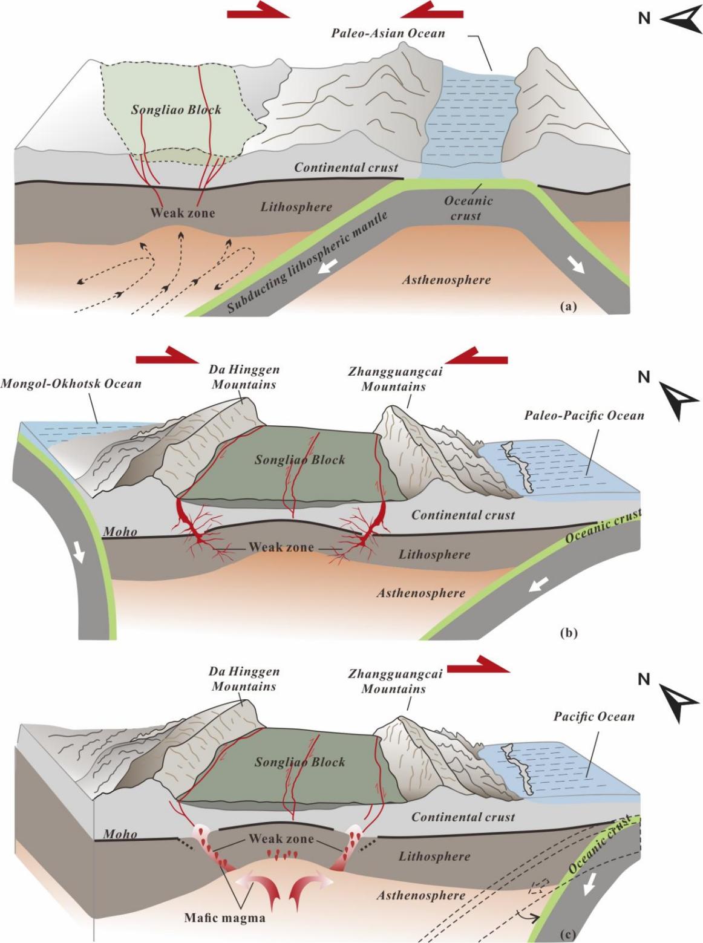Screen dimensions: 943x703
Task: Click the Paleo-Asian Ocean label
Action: tap(388, 33)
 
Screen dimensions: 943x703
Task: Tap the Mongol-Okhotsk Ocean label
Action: tap(71, 383)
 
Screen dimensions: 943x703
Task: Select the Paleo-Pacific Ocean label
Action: tap(584, 416)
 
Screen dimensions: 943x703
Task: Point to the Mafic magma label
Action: tap(224, 918)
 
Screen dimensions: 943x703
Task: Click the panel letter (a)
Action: tap(569, 306)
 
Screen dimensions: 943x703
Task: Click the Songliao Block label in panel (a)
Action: tap(176, 110)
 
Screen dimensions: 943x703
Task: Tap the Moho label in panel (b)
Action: tap(120, 532)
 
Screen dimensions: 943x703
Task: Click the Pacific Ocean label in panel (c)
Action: tap(594, 717)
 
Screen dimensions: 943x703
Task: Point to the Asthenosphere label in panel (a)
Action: tap(446, 279)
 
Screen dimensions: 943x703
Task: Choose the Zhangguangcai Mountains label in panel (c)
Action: tap(394, 681)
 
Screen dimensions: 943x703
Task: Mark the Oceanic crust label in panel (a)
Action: tap(468, 208)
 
